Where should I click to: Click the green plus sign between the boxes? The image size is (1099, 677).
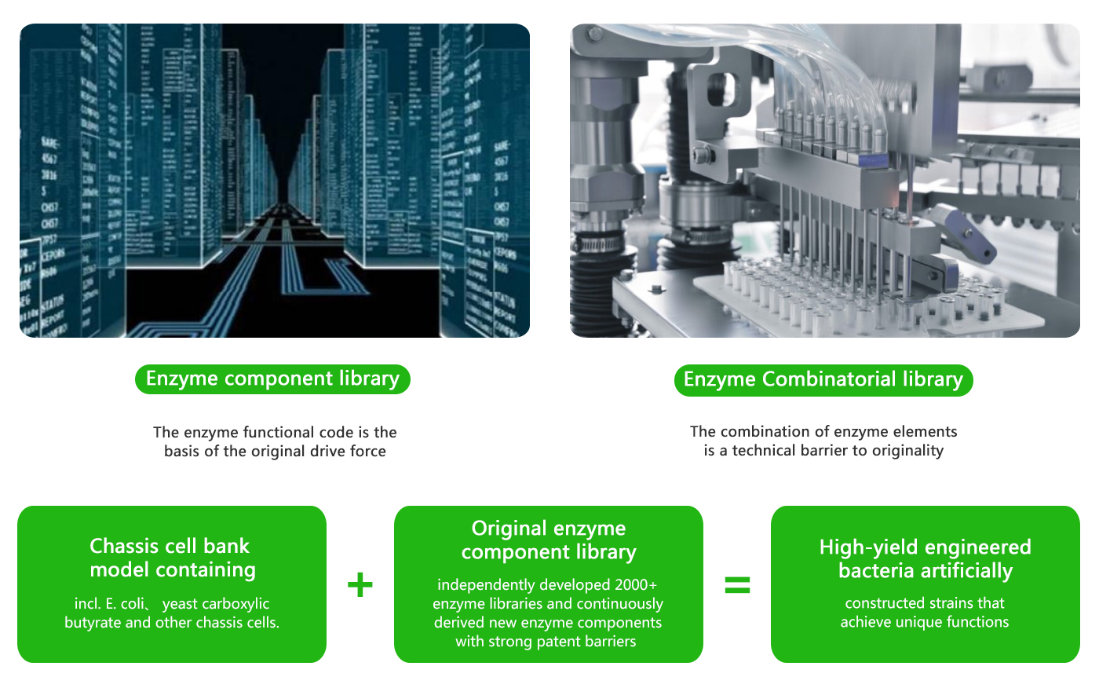tap(360, 585)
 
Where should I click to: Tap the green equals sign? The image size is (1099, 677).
tap(737, 585)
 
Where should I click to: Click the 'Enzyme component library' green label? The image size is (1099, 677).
tap(272, 379)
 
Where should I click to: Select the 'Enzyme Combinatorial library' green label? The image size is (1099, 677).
tap(823, 380)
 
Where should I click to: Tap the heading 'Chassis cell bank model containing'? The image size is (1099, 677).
tap(172, 558)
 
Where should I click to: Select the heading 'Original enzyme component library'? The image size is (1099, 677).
tap(548, 540)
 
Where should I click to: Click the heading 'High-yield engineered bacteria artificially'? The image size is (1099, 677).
tap(925, 558)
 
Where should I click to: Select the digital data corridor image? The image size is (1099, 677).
tap(275, 181)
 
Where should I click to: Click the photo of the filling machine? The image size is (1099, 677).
tap(824, 181)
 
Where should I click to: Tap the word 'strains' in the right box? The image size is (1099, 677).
tap(941, 603)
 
